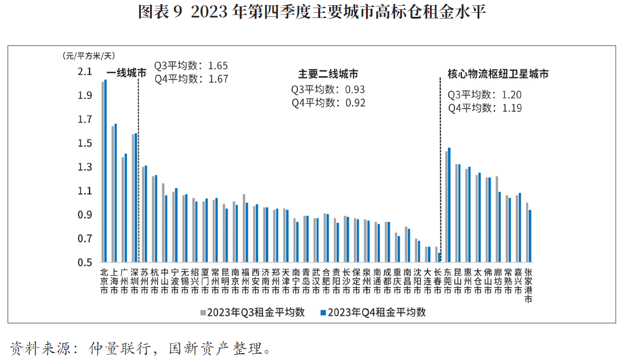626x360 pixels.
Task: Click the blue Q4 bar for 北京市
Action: [x=105, y=171]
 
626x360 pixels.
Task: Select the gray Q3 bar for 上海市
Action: [x=113, y=194]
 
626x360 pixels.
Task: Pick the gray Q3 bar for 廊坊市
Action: [x=497, y=219]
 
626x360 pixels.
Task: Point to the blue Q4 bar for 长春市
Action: [x=439, y=258]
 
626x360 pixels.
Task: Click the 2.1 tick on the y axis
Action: [x=84, y=72]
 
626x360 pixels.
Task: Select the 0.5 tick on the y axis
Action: [x=84, y=263]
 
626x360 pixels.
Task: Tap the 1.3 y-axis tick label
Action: [x=84, y=167]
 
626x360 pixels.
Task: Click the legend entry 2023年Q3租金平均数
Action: [x=252, y=312]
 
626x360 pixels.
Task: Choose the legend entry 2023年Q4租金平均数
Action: [x=374, y=312]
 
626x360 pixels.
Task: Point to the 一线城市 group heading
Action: [x=126, y=73]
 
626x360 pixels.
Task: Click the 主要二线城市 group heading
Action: [x=328, y=74]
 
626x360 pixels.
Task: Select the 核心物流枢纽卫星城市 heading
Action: [x=498, y=74]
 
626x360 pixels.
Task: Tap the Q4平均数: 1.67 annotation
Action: [x=191, y=79]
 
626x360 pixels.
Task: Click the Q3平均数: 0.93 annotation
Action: [x=328, y=90]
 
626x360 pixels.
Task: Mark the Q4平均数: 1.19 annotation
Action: [x=485, y=108]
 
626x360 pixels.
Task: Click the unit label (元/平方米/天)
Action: [x=88, y=56]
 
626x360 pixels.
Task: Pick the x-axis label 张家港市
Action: [x=528, y=286]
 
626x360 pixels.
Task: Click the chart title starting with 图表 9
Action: [x=312, y=12]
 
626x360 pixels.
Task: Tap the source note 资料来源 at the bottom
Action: [x=141, y=348]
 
